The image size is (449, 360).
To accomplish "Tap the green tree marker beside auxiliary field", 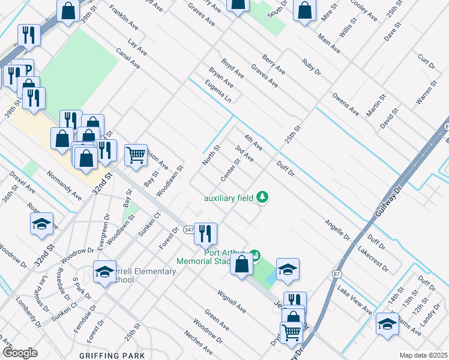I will (262, 197).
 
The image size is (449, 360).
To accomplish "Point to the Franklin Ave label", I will (124, 20).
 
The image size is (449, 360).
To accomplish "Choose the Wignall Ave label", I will (232, 302).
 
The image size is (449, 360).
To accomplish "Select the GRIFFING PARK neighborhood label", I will (112, 355).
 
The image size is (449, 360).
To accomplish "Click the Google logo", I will (20, 353).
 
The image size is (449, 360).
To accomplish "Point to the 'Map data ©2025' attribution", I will (423, 355).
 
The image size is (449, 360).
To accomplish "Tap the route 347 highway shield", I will (188, 230).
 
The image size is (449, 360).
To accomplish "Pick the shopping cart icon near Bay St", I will (136, 155).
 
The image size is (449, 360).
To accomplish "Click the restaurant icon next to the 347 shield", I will (205, 233).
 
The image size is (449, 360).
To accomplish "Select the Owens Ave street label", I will (346, 103).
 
